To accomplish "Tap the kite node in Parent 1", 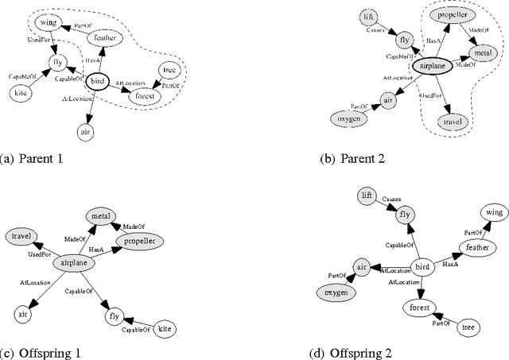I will [x=21, y=93].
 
